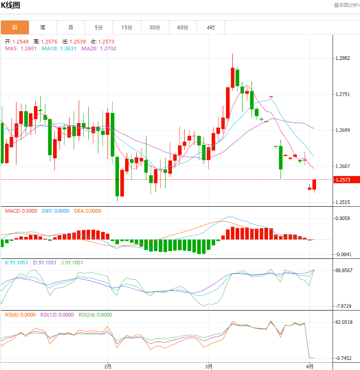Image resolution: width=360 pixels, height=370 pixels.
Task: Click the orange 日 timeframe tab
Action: [15, 27]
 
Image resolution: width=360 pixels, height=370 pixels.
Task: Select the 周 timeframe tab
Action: [43, 27]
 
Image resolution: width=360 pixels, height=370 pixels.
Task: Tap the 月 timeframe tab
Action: [71, 27]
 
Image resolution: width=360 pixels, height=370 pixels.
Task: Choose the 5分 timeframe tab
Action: [99, 27]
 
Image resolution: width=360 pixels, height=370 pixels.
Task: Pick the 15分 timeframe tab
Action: [127, 27]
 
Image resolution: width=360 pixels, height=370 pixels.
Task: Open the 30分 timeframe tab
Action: [155, 27]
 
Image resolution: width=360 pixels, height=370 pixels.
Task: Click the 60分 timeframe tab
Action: [183, 27]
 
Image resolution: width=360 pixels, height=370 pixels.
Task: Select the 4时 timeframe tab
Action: [210, 27]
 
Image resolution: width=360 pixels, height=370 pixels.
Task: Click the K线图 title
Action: [11, 5]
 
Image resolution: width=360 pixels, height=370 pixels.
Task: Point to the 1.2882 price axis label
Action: [343, 59]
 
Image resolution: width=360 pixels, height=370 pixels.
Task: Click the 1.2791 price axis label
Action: [343, 95]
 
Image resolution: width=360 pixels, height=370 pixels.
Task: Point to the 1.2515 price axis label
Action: [343, 202]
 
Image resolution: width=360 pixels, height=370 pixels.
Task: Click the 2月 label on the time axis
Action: [107, 366]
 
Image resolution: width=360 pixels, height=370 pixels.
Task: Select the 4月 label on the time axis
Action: [310, 366]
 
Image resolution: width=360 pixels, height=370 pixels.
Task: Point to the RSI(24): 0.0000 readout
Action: [95, 315]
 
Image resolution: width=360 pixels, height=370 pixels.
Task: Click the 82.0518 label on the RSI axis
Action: [344, 322]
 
